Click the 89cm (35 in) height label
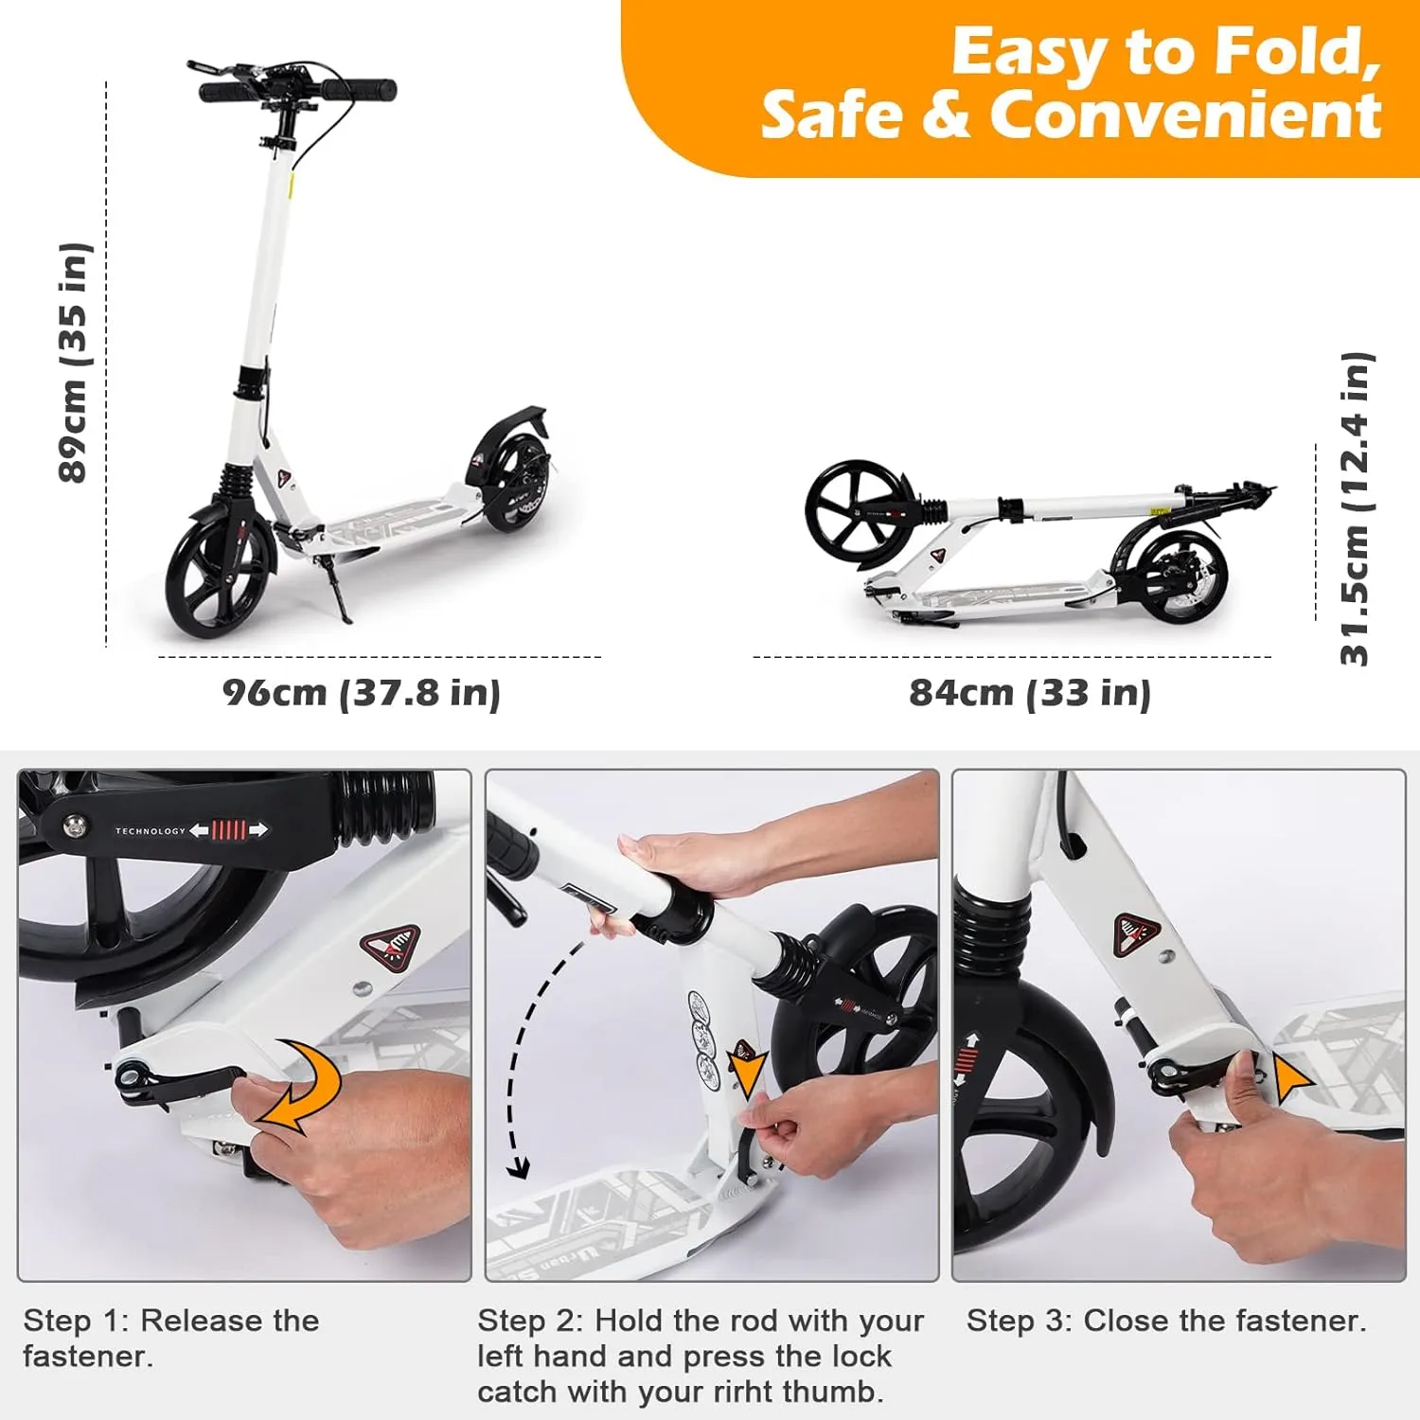coord(74,363)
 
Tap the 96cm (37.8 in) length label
coord(362,693)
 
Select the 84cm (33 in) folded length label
coord(1030,693)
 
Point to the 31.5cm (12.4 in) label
coord(1356,508)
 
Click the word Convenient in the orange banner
coord(1186,115)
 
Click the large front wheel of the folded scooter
coord(860,513)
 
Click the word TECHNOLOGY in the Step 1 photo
coord(151,831)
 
